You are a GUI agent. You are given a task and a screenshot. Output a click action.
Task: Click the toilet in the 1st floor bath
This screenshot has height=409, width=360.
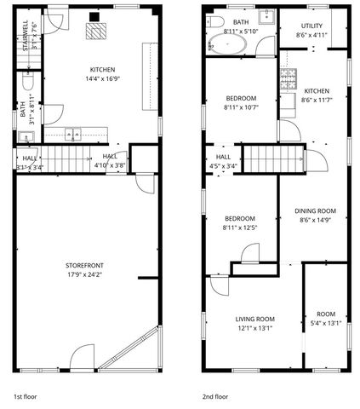[x=27, y=84]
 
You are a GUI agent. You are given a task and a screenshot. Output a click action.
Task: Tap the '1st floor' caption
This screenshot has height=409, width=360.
[x=26, y=396]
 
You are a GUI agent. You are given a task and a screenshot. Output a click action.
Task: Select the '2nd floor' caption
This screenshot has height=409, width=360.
[x=215, y=396]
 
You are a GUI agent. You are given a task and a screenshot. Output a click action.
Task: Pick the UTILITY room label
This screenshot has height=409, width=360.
[x=311, y=26]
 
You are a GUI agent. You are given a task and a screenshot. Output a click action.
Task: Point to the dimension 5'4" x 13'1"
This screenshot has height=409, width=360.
[x=325, y=323]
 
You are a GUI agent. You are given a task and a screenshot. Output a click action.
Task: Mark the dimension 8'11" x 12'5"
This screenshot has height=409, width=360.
[x=239, y=228]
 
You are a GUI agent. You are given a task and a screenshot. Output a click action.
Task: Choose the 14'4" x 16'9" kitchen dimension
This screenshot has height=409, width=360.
[x=103, y=79]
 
